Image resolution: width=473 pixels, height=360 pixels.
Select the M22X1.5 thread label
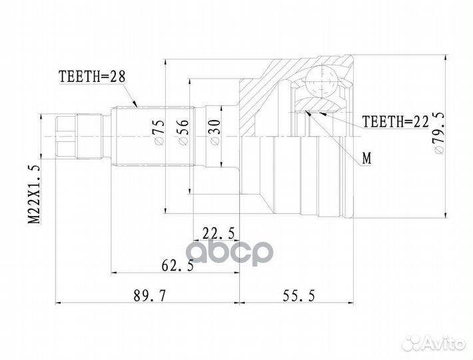[33, 193]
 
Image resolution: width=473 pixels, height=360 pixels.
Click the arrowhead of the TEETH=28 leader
[136, 105]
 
